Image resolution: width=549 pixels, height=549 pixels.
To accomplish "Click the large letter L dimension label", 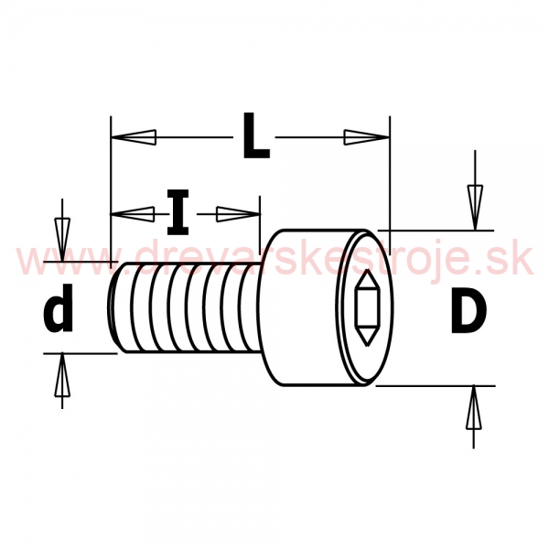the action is [x=256, y=135].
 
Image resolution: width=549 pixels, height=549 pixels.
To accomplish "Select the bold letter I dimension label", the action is [x=178, y=212].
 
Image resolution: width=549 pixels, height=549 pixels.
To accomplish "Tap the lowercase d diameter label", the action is [x=59, y=308].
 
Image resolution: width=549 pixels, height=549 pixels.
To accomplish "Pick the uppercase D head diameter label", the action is [x=468, y=309].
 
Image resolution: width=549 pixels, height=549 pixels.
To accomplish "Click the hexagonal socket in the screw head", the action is [x=367, y=308].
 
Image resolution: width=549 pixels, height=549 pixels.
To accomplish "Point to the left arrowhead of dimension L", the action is [x=134, y=137].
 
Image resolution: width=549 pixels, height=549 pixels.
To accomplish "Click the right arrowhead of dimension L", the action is [x=367, y=137].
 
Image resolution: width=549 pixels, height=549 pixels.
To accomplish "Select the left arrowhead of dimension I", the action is [x=133, y=213].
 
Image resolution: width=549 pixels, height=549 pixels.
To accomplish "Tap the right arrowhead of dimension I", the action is [x=239, y=214].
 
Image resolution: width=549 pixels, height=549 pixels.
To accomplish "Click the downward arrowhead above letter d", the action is [x=62, y=240].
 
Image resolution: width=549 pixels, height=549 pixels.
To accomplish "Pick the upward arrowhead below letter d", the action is [x=62, y=375].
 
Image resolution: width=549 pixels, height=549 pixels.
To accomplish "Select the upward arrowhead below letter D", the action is [x=474, y=407].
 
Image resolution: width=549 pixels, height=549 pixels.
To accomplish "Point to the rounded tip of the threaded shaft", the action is [x=113, y=307].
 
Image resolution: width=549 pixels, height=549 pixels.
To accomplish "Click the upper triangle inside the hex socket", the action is [x=367, y=279].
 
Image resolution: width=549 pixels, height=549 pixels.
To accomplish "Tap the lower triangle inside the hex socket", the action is [x=367, y=337].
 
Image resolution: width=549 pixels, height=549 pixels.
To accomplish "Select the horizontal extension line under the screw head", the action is [x=436, y=386].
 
